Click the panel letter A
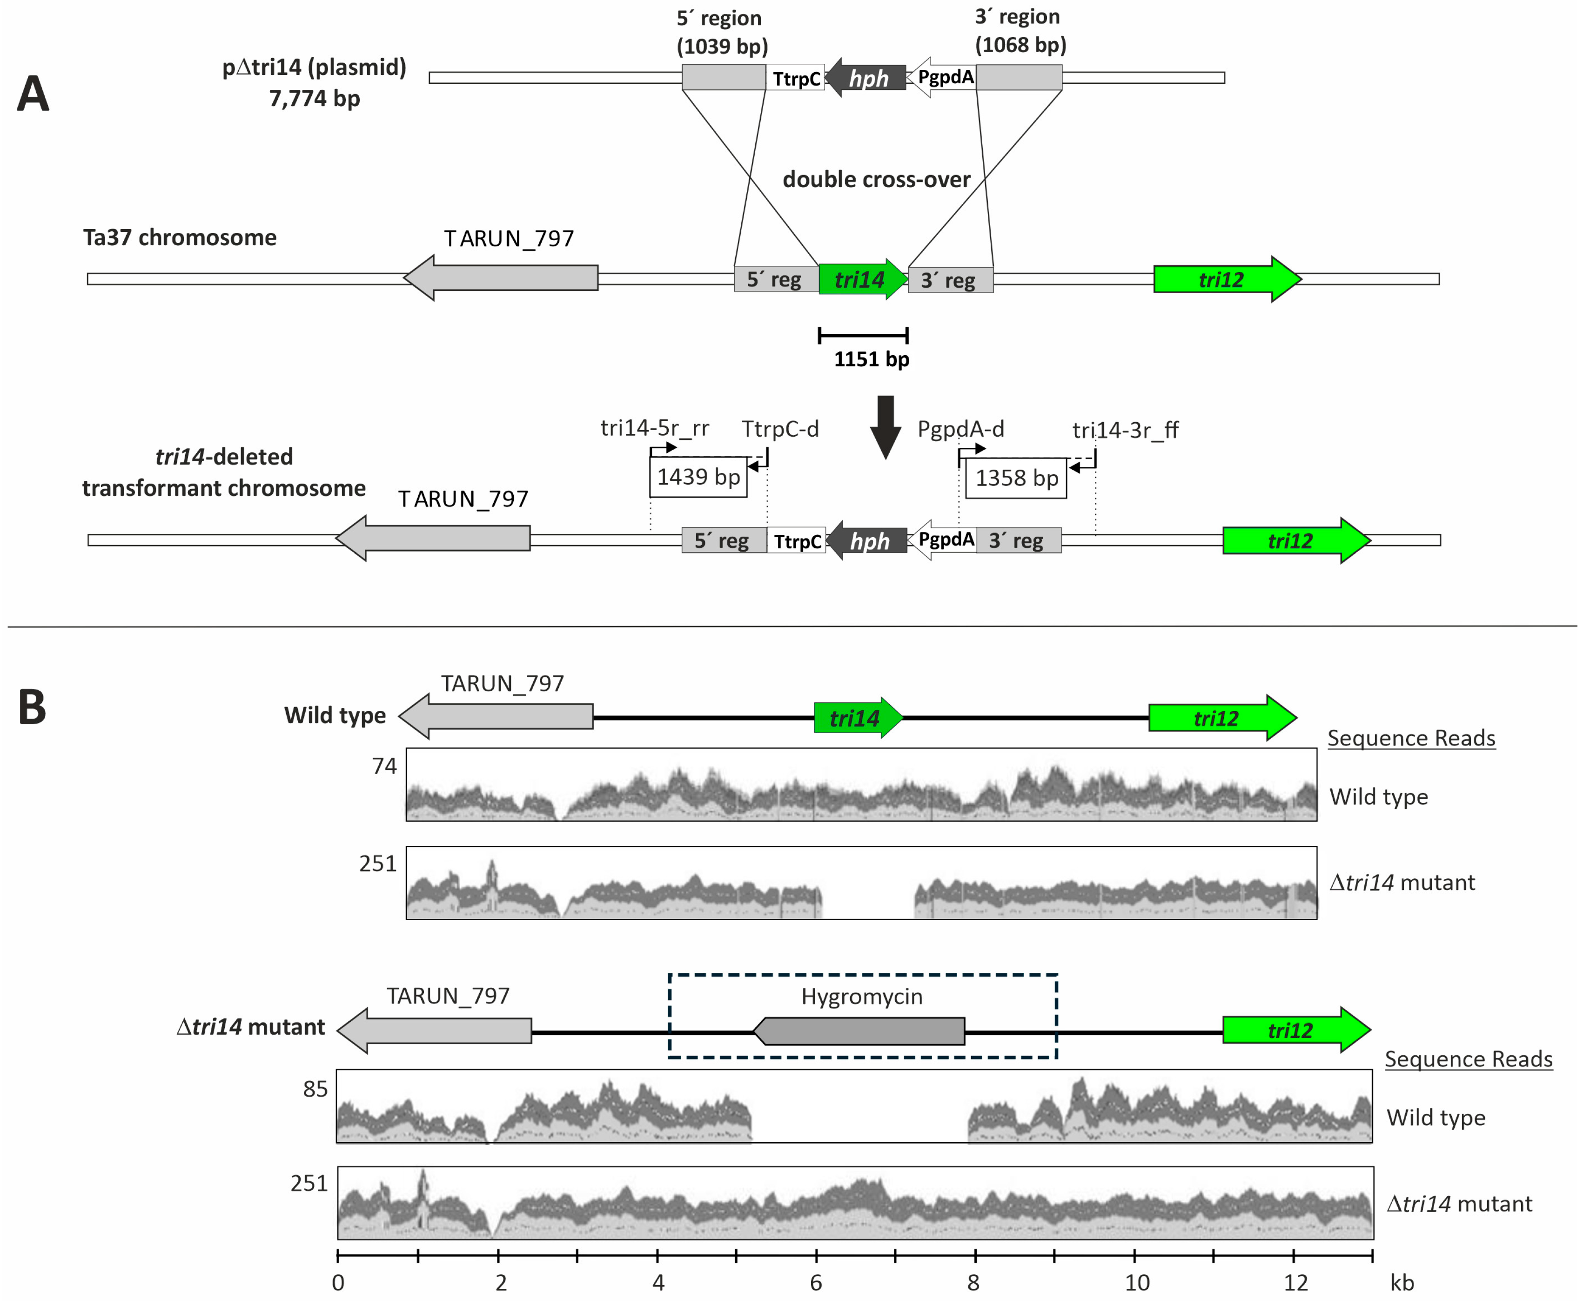(x=33, y=94)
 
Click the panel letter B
(x=32, y=708)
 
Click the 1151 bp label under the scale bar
(x=872, y=360)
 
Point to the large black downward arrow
(x=886, y=425)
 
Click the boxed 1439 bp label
(x=698, y=477)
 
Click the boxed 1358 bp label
(x=1016, y=478)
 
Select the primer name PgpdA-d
(x=960, y=430)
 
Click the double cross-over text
(x=876, y=180)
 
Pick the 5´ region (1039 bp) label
(x=722, y=32)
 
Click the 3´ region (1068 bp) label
(x=1020, y=31)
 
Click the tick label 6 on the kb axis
(x=816, y=1283)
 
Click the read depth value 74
(x=384, y=766)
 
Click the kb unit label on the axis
(x=1402, y=1283)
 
